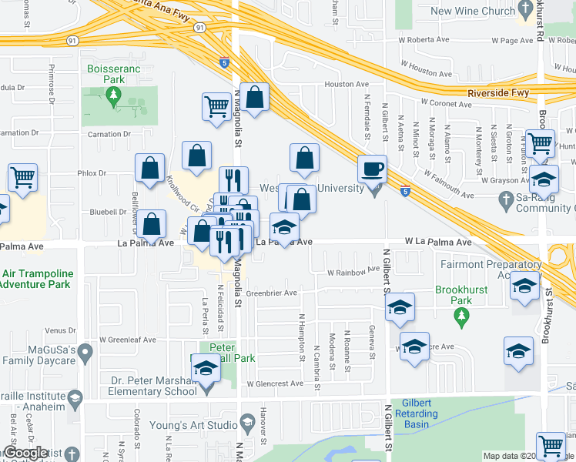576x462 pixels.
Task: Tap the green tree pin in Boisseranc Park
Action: pos(114,95)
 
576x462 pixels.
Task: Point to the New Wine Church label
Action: pos(473,11)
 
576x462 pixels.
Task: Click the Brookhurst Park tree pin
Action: pos(461,315)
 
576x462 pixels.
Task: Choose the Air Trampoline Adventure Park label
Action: pos(36,279)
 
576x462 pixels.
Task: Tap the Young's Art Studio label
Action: pos(204,424)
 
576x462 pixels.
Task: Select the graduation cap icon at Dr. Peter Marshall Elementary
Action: pos(206,368)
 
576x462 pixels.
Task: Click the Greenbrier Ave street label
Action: pos(272,293)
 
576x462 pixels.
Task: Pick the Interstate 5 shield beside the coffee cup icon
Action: pos(405,190)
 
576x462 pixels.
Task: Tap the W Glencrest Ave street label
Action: pos(275,383)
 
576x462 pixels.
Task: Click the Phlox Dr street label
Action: pos(92,173)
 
